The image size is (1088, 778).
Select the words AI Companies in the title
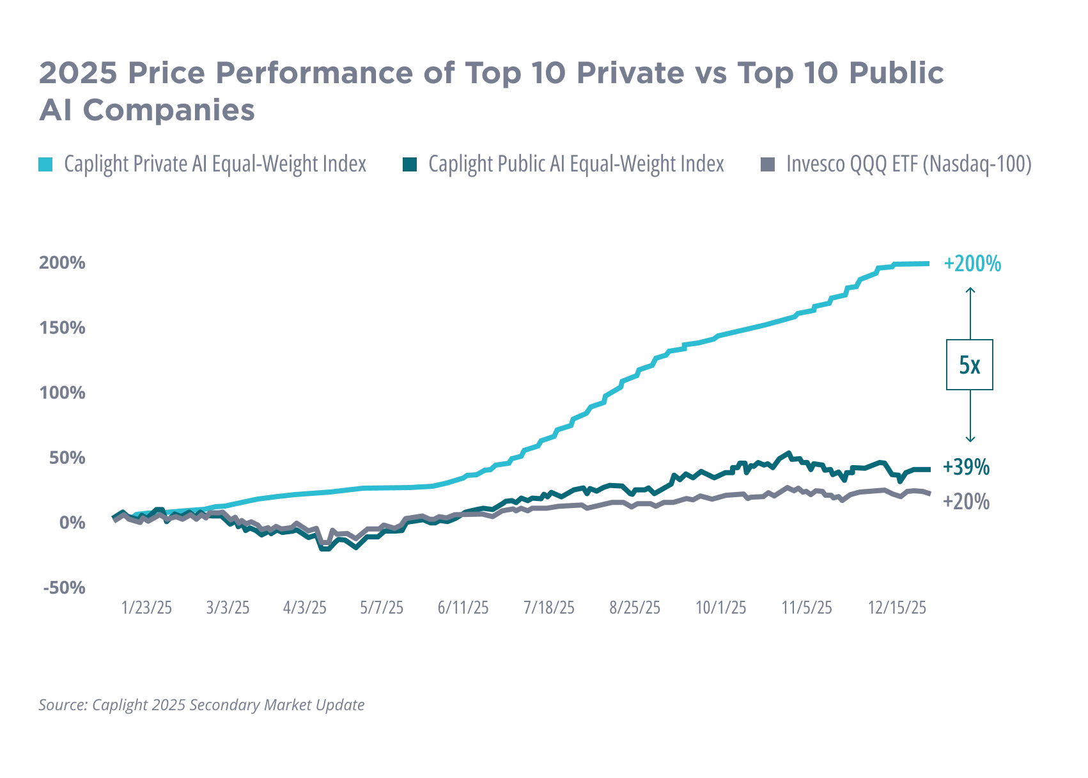pyautogui.click(x=146, y=111)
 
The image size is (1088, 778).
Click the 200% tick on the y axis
pyautogui.click(x=62, y=264)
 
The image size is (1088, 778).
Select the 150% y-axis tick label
pyautogui.click(x=63, y=329)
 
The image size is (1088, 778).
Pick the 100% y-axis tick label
pyautogui.click(x=63, y=393)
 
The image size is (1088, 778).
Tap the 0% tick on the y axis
pyautogui.click(x=70, y=523)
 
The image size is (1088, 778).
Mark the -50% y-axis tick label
pyautogui.click(x=63, y=587)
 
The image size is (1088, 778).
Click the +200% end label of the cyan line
pyautogui.click(x=972, y=264)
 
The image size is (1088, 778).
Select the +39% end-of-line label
pyautogui.click(x=967, y=468)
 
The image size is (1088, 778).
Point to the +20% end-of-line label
pyautogui.click(x=967, y=502)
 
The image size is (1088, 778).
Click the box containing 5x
pyautogui.click(x=971, y=365)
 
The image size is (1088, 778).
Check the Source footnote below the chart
pyautogui.click(x=202, y=706)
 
